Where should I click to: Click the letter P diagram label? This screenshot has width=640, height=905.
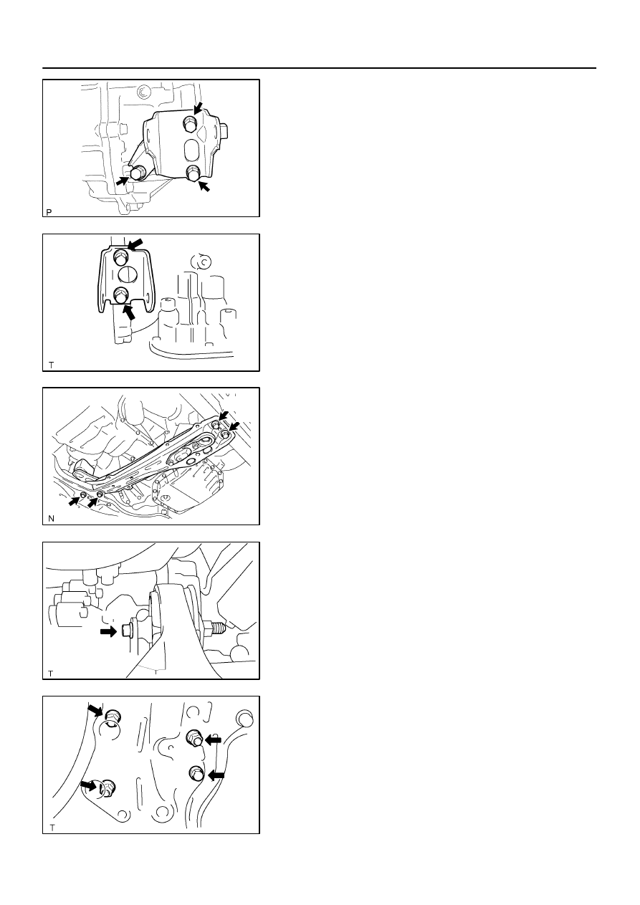pos(49,212)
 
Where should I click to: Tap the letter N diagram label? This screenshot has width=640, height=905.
pos(52,518)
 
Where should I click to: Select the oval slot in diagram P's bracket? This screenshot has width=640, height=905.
pos(191,150)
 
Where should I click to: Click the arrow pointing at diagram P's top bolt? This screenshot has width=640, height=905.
pos(198,108)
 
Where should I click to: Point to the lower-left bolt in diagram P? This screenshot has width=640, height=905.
pos(138,173)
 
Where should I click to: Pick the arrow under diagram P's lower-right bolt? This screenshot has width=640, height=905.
pos(204,186)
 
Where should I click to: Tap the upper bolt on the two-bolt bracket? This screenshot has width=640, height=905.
pos(121,257)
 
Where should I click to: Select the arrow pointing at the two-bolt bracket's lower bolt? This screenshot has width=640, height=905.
pos(129,312)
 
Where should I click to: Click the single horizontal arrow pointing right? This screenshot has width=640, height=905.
pos(108,631)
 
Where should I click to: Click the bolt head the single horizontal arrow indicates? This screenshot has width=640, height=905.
pos(126,631)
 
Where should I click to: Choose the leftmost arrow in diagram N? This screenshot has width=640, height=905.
pos(74,502)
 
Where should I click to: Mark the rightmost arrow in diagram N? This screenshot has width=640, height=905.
pos(234,426)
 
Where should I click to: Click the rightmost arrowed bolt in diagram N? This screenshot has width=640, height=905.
pos(225,434)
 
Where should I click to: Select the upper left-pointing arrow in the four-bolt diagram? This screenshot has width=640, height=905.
pos(213,740)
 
